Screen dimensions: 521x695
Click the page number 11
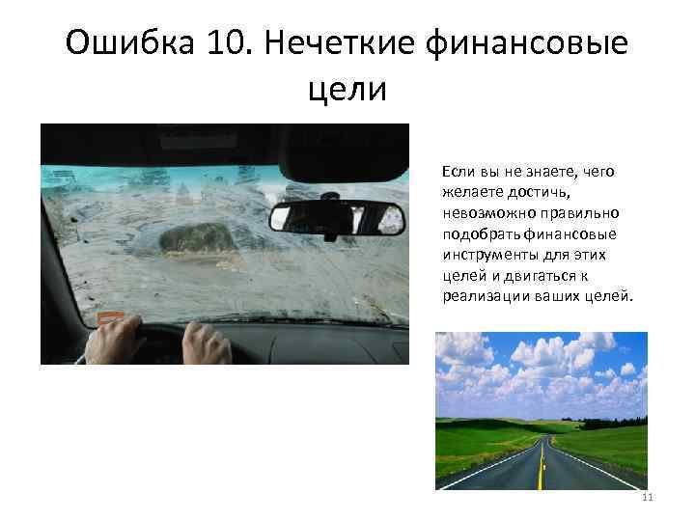click(x=647, y=497)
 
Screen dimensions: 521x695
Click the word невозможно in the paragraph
click(x=485, y=212)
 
